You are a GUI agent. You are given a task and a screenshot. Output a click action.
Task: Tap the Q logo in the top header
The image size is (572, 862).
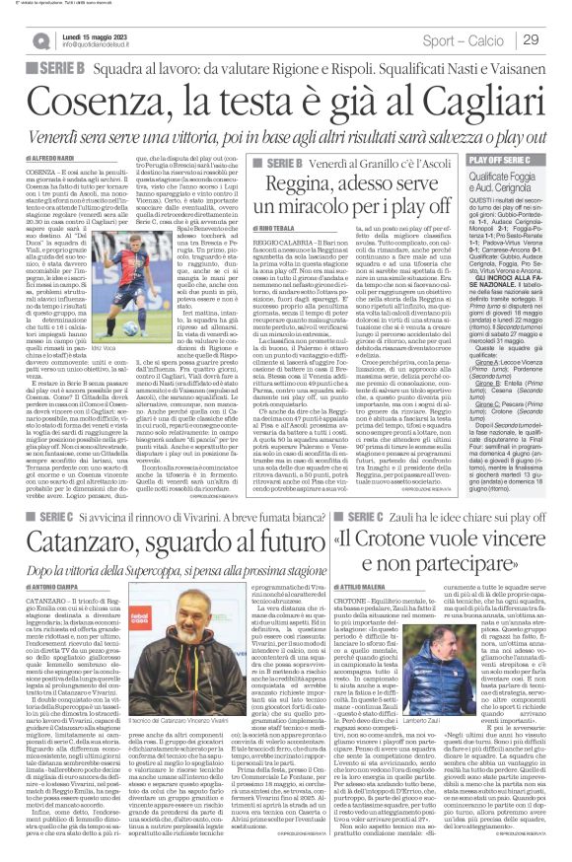[43, 39]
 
